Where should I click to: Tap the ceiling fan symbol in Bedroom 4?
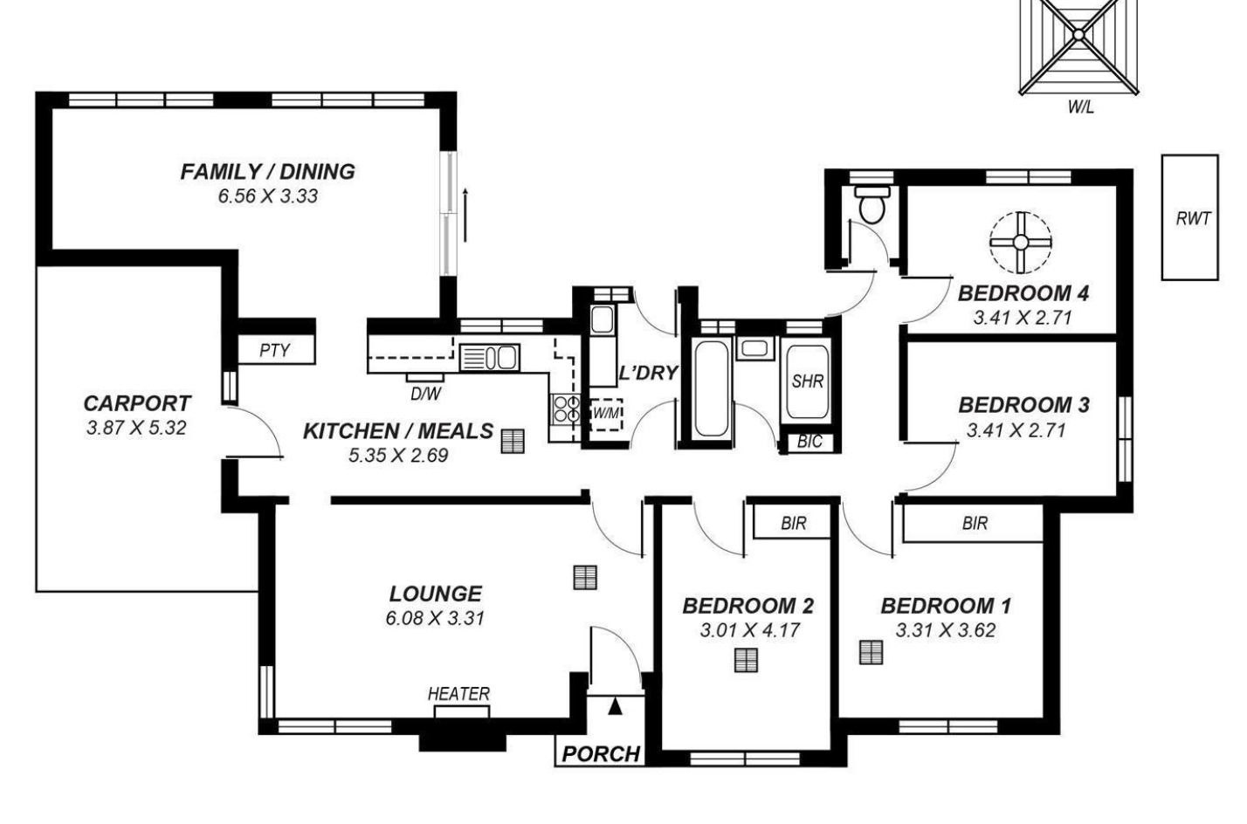1021,243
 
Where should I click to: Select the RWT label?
1193,219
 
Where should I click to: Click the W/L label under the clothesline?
1080,106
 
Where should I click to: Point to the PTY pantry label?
275,350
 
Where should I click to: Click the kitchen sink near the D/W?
490,358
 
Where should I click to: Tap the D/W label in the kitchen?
425,394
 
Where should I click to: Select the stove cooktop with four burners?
566,409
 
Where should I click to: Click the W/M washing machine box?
606,414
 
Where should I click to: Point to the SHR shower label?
807,381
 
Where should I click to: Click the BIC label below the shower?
810,442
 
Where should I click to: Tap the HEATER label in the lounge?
458,694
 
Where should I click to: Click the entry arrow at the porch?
615,706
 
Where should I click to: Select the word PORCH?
601,754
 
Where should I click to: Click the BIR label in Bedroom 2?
793,523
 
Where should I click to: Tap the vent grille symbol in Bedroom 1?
871,653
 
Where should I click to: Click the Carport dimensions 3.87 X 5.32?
136,428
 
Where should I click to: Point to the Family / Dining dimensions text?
268,196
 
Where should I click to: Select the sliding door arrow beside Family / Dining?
465,215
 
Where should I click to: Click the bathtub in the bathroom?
712,388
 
